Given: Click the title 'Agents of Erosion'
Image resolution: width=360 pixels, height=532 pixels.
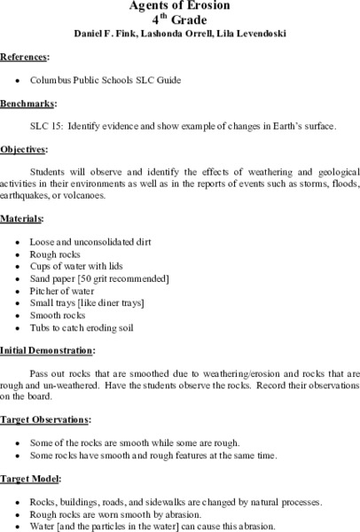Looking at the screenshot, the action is [179, 5].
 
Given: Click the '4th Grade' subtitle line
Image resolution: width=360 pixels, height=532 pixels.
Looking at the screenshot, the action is [179, 20].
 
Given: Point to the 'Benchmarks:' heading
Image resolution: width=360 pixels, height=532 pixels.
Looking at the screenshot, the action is [27, 103].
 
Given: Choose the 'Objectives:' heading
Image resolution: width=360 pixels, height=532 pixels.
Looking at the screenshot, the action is [25, 149].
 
